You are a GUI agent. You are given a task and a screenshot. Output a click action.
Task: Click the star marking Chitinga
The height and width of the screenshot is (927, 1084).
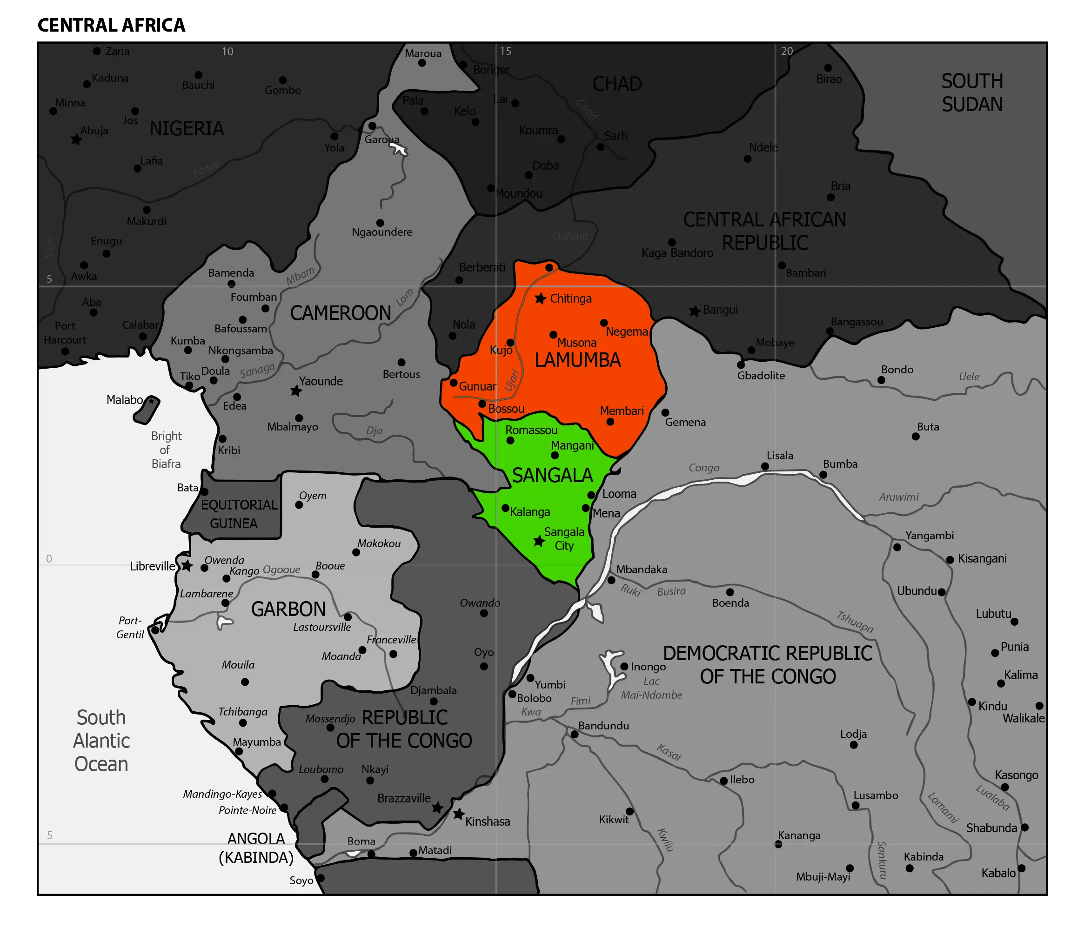point(541,298)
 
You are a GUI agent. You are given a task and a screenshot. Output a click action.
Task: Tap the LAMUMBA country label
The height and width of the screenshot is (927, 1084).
point(577,360)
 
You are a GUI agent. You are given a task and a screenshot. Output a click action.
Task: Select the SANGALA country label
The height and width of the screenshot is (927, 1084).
point(552,475)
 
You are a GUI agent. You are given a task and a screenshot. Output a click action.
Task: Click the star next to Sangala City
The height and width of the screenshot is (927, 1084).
point(539,541)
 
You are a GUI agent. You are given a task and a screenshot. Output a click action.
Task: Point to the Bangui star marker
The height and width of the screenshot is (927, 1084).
point(694,311)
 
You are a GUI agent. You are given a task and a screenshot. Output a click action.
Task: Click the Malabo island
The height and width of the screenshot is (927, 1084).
point(147,410)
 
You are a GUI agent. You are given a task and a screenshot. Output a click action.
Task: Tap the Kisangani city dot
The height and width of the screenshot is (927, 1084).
point(950,559)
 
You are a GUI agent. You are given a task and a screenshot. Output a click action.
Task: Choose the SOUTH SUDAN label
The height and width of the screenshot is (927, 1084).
point(972,93)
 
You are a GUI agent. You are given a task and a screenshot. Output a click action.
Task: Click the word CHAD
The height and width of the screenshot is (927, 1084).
point(617,84)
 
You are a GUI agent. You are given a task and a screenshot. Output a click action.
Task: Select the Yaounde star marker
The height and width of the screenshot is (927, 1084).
point(296,391)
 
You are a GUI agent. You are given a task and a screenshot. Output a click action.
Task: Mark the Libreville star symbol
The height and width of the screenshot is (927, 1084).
point(187,565)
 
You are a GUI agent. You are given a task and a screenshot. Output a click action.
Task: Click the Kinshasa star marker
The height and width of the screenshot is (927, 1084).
point(458,814)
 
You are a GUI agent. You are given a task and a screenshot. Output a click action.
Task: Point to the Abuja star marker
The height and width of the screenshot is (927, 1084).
point(76,139)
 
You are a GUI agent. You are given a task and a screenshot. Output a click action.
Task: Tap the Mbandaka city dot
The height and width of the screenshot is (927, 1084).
point(611,580)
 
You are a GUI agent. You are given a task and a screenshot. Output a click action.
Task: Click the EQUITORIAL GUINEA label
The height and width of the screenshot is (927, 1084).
point(239,514)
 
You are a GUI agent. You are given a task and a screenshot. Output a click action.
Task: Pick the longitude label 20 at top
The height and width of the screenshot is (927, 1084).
point(787,51)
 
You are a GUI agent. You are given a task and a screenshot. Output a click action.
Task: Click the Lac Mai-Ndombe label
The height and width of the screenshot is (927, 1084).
point(651,688)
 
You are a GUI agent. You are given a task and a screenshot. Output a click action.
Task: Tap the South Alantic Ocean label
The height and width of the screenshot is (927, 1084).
point(101,741)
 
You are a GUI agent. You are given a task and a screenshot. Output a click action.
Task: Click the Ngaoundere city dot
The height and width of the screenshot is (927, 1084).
point(381,223)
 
